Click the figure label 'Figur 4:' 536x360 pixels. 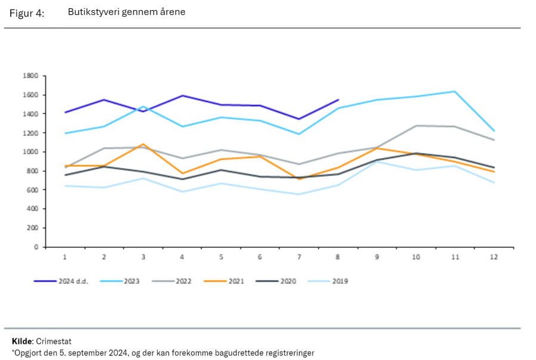[x=27, y=13]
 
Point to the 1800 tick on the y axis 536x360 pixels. [x=30, y=76]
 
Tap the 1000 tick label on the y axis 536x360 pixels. [x=30, y=152]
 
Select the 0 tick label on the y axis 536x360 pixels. [x=36, y=247]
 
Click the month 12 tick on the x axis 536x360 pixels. [x=494, y=257]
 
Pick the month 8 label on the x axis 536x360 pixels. [x=338, y=257]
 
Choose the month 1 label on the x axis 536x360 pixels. [x=65, y=257]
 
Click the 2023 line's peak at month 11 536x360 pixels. [x=455, y=91]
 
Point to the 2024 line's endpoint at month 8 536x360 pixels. [x=338, y=100]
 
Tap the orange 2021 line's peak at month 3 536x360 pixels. [x=143, y=144]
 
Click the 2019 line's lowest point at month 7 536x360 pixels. [x=299, y=194]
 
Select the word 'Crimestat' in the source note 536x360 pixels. [x=53, y=342]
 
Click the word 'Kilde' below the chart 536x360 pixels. [x=21, y=342]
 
